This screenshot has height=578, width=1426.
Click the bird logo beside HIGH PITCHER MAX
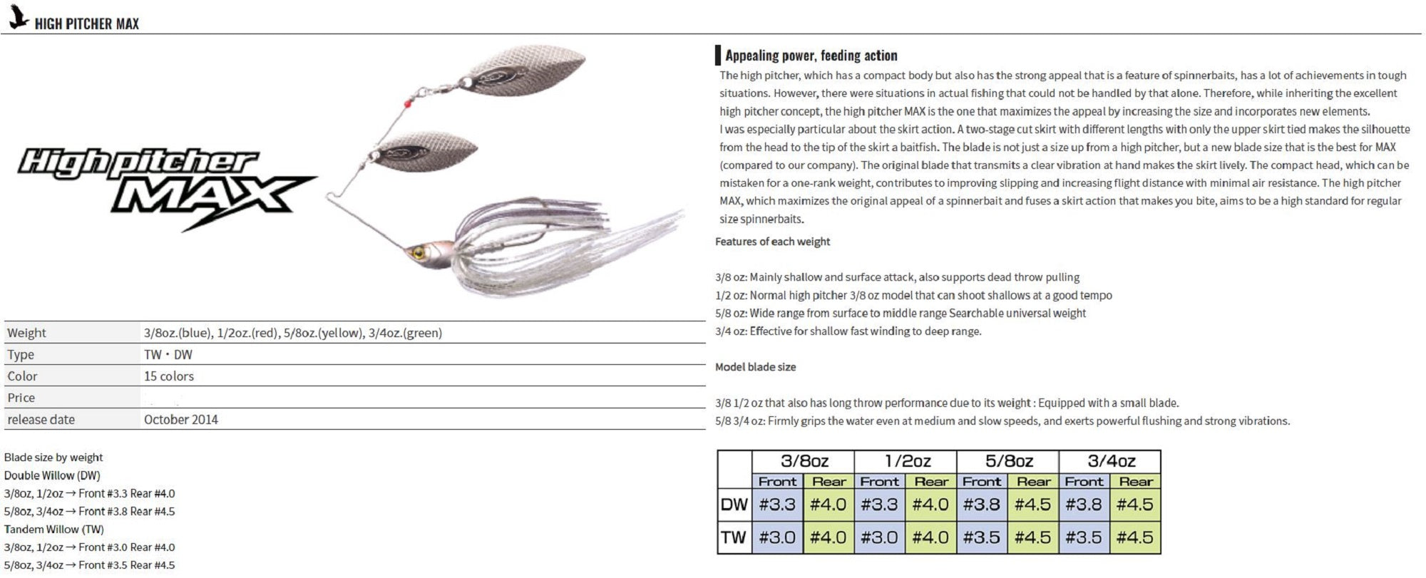[17, 19]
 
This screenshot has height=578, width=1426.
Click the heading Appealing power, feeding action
[811, 56]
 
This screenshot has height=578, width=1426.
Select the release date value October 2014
[181, 419]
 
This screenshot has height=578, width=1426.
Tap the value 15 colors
[169, 376]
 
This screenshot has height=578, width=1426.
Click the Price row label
[21, 398]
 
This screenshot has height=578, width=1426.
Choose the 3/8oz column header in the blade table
[804, 461]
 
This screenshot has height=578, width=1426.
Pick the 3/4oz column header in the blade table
[1111, 461]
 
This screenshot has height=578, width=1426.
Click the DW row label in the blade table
[734, 505]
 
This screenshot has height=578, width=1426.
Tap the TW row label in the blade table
[734, 537]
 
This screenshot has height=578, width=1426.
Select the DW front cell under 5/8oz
[982, 505]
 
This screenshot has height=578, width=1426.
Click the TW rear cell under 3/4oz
[1135, 537]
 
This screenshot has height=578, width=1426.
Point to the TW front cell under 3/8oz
[777, 537]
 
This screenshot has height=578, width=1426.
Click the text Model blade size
[755, 367]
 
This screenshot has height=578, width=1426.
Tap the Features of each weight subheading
[772, 242]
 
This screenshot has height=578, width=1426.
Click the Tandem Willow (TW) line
[54, 529]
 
